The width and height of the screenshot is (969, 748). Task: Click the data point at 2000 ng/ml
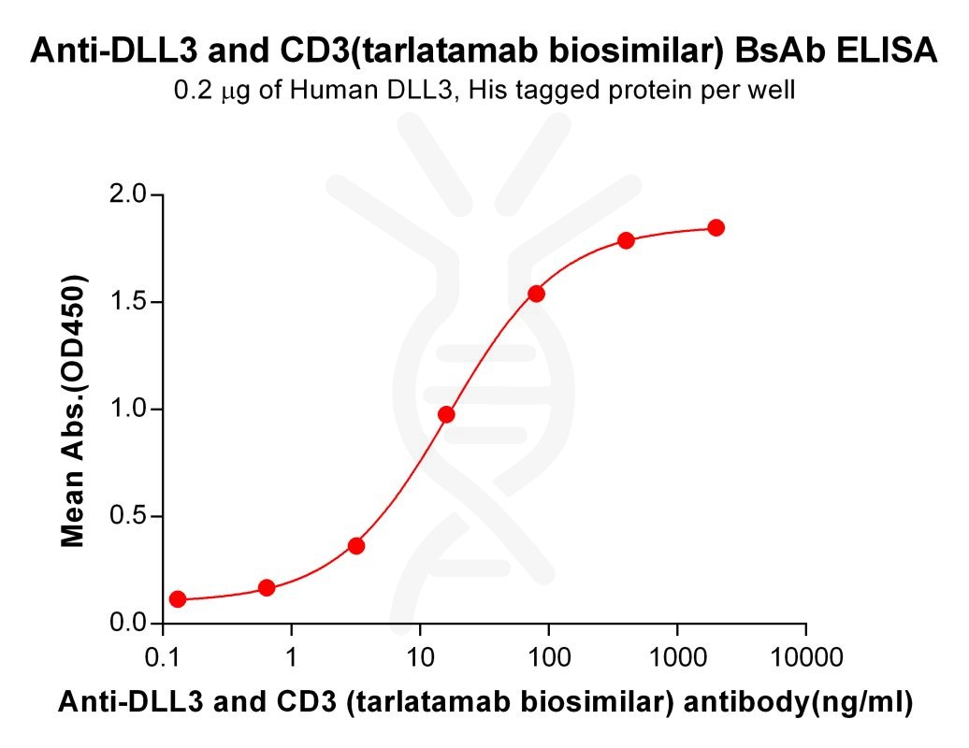click(716, 228)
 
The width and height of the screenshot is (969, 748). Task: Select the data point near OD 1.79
click(626, 240)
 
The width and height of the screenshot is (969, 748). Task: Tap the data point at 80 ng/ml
click(536, 294)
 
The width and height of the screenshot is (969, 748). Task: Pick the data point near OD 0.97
click(446, 414)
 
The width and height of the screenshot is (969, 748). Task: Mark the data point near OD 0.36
click(356, 545)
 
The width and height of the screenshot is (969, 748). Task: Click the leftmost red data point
click(178, 599)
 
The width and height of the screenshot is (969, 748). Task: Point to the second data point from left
click(267, 588)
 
